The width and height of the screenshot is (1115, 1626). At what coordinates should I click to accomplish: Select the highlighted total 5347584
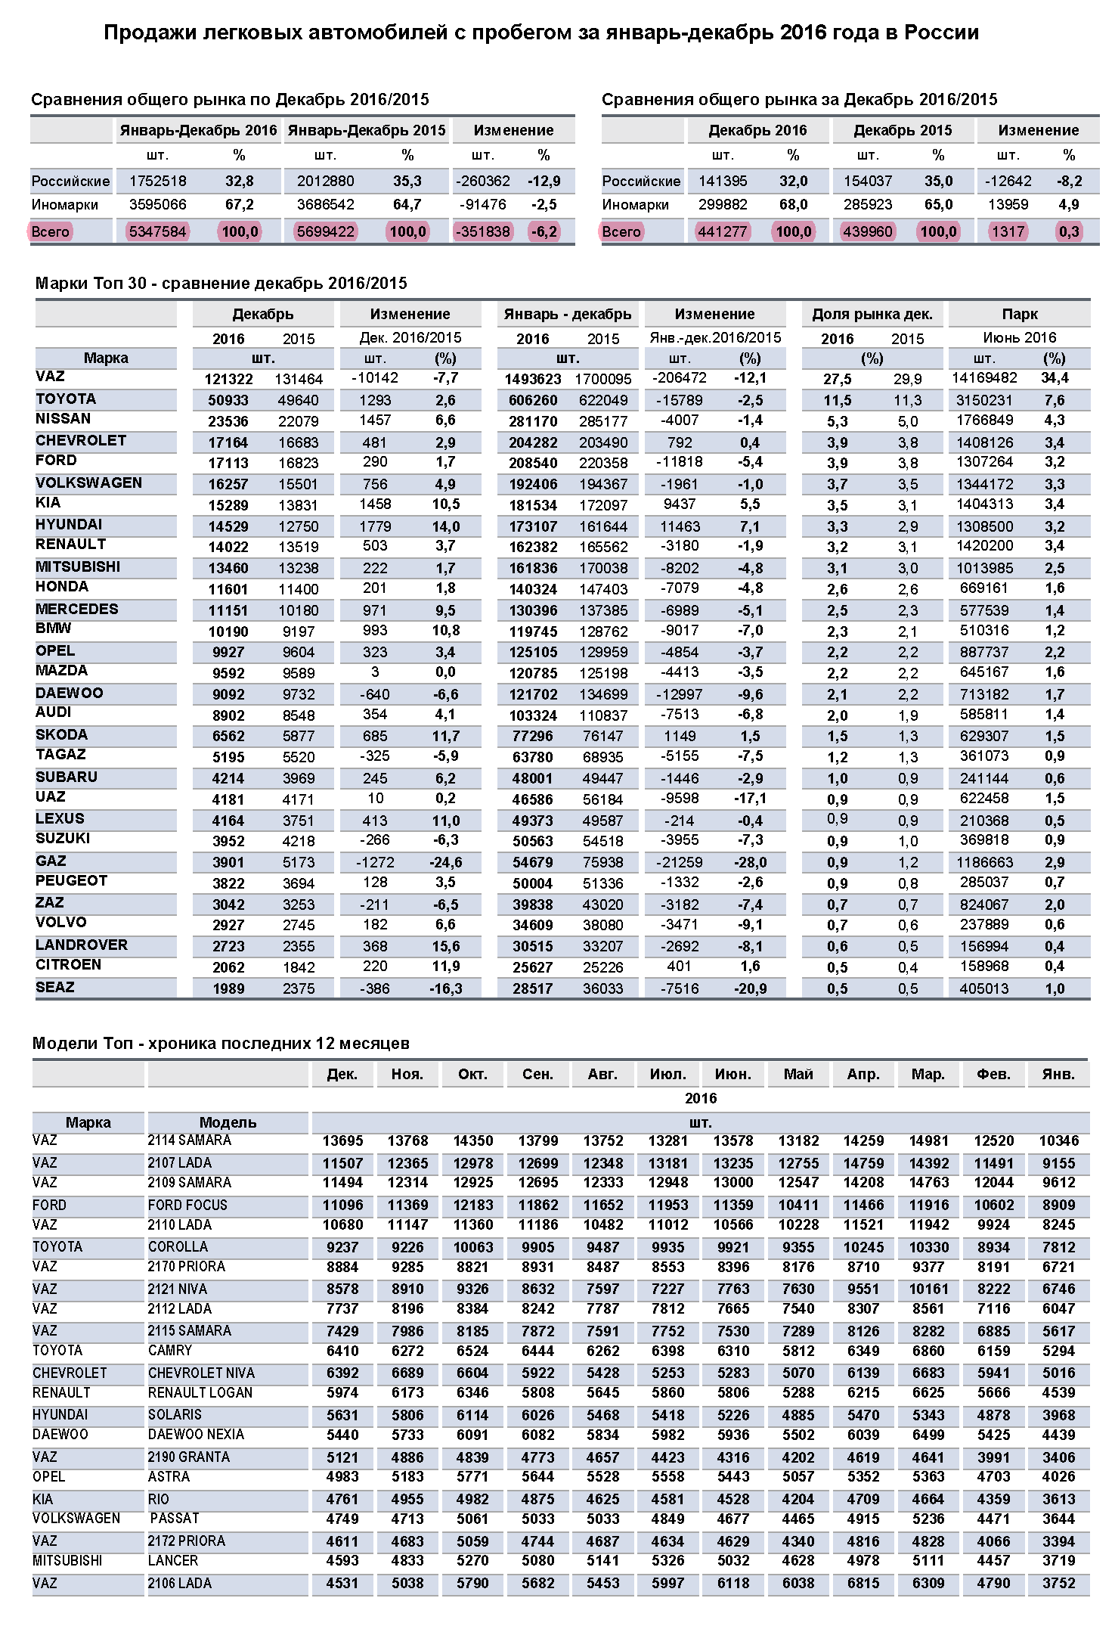click(157, 231)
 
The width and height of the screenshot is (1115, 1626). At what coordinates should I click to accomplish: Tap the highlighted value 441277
click(723, 231)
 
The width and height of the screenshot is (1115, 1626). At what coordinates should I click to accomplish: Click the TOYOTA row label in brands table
click(66, 399)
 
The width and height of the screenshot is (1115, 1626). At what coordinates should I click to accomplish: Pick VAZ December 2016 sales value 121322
click(228, 379)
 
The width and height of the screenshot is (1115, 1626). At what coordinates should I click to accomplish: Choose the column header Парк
click(1019, 314)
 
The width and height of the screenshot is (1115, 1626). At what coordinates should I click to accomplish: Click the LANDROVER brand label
click(82, 945)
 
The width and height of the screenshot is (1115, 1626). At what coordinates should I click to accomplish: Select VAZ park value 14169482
click(983, 378)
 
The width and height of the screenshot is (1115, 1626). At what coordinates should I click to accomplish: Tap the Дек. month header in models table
click(342, 1074)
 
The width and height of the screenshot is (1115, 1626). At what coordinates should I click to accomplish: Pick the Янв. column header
click(1058, 1074)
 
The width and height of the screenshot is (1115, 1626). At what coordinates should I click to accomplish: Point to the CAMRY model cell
click(170, 1350)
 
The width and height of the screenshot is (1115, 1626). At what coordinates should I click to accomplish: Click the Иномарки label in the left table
click(64, 205)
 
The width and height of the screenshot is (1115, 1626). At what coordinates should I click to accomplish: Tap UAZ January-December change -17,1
click(750, 799)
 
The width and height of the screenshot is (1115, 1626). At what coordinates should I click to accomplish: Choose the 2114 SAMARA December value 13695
click(342, 1141)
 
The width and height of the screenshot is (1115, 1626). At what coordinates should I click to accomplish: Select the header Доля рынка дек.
click(872, 314)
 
